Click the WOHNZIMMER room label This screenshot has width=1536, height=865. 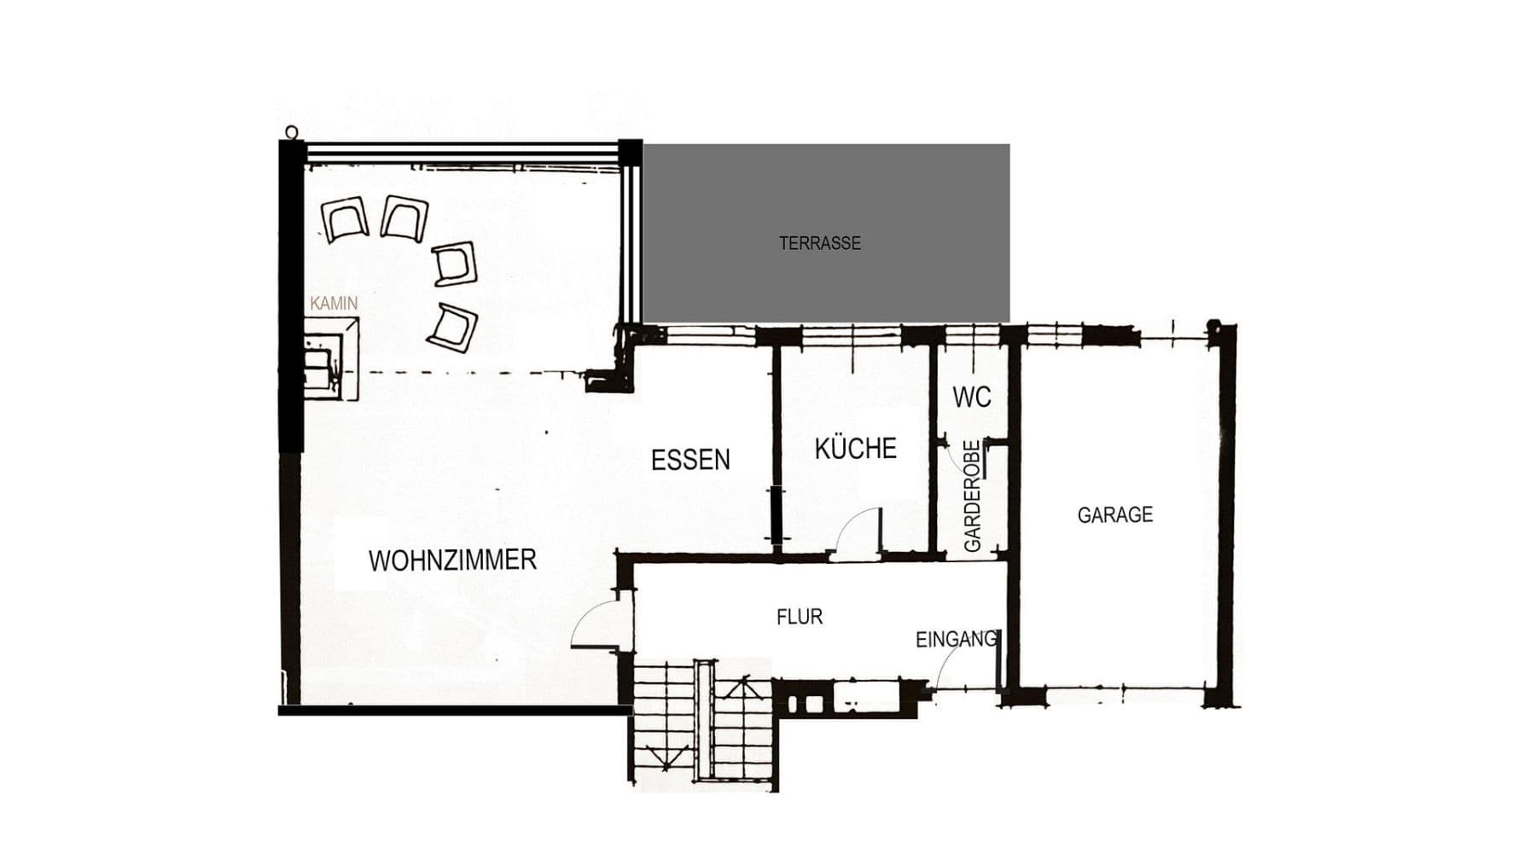(452, 560)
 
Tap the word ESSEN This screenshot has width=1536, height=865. (690, 460)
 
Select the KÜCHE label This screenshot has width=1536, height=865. (855, 449)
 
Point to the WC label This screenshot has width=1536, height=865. (972, 397)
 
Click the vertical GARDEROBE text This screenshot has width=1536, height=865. (972, 496)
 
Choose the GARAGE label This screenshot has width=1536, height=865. (1114, 514)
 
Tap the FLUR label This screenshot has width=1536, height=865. (800, 617)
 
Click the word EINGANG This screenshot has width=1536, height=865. (956, 639)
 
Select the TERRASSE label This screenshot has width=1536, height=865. (819, 243)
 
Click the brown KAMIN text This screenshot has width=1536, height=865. (334, 303)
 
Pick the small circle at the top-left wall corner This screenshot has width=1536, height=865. (292, 132)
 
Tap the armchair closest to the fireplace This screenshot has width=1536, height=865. (452, 328)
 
